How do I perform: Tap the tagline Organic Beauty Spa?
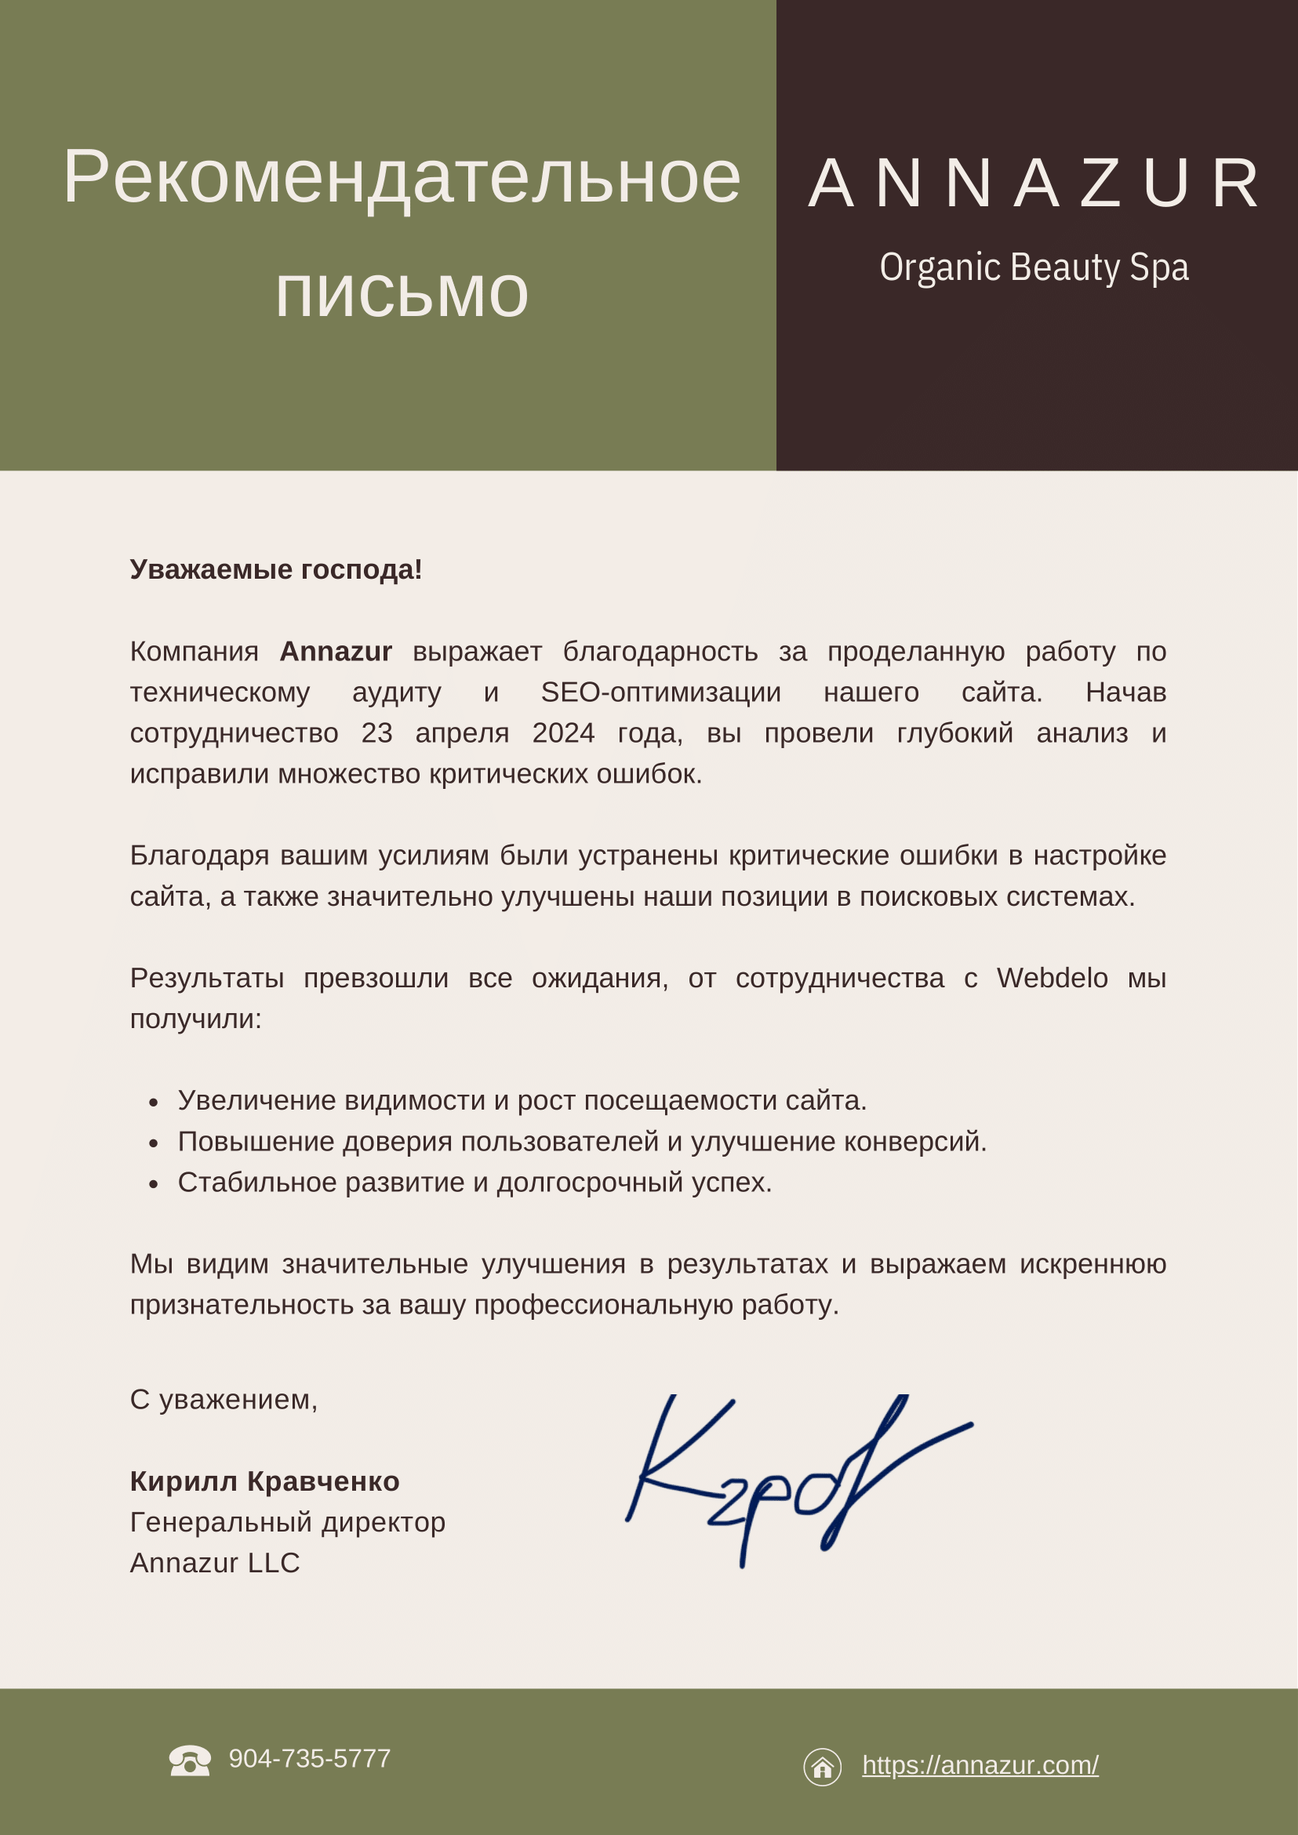pos(1034,267)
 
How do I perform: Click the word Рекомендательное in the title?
pos(402,177)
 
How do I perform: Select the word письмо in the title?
pos(402,294)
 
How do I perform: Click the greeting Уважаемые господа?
pos(276,570)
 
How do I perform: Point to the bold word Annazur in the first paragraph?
pos(336,652)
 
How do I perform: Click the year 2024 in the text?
pos(563,733)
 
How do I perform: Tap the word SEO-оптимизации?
pos(661,692)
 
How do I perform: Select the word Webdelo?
pos(1052,978)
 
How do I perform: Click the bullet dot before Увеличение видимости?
pos(154,1103)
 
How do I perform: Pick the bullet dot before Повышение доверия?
pos(154,1143)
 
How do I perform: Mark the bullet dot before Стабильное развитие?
pos(154,1184)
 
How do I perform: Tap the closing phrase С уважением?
pos(224,1400)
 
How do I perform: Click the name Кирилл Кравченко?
pos(264,1481)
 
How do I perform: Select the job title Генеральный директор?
pos(288,1521)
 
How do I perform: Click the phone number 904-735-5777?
pos(309,1758)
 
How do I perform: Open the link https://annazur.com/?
pos(980,1764)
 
